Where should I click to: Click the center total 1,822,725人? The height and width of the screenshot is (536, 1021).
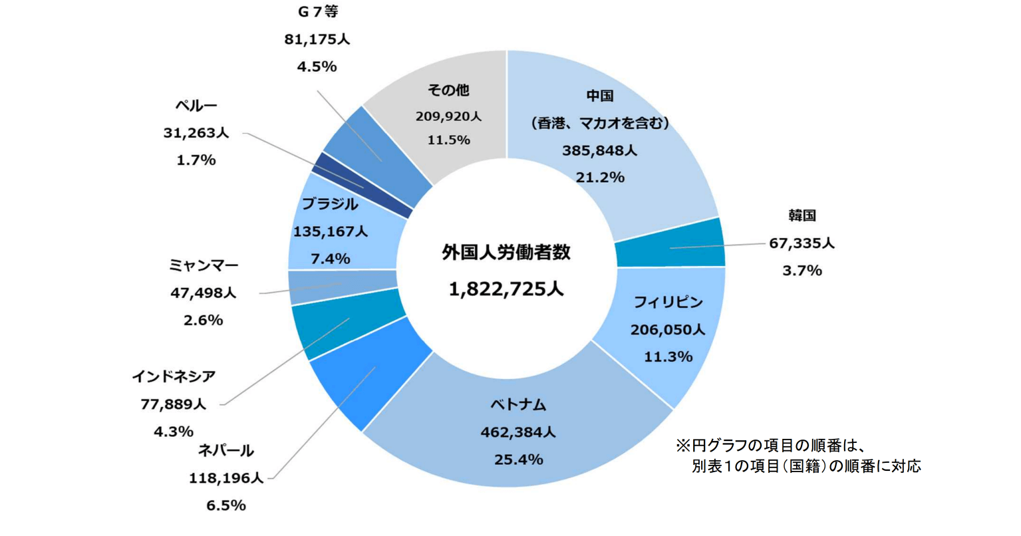506,289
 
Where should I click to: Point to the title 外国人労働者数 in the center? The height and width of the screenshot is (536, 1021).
506,253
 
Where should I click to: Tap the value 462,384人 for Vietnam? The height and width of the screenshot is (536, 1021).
518,432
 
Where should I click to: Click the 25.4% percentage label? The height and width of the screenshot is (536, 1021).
518,460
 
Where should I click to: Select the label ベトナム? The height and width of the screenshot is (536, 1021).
518,404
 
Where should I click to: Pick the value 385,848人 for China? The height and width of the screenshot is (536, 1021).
599,151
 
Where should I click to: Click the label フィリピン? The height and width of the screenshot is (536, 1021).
668,303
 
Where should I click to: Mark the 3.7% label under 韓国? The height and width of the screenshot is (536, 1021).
802,271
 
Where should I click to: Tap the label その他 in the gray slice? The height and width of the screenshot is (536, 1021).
448,90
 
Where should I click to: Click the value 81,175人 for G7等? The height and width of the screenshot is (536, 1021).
317,40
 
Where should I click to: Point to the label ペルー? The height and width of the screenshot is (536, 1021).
196,106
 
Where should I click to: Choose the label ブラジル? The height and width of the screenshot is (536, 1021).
330,204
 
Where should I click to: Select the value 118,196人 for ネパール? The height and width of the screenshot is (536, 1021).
226,478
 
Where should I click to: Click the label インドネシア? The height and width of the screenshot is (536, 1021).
174,377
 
